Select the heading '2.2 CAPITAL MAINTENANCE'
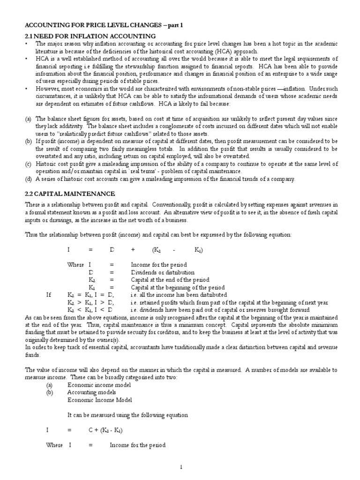click(70, 194)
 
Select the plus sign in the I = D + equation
click(133, 250)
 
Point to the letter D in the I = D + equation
click(112, 250)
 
